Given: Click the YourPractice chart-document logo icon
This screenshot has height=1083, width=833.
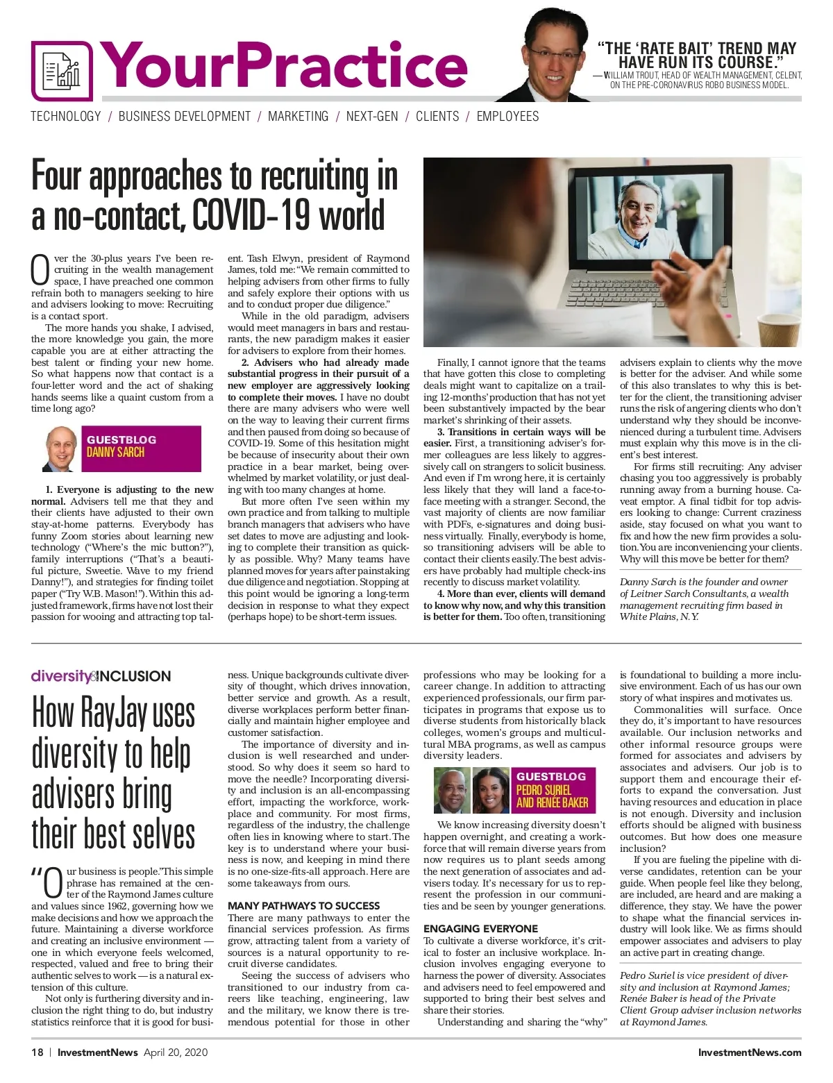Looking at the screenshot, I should (62, 70).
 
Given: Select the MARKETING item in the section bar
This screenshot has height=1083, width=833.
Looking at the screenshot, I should (298, 117).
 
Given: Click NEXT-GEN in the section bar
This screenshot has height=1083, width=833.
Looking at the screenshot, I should (372, 117).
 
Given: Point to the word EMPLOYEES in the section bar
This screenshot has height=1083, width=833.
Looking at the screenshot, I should (507, 117).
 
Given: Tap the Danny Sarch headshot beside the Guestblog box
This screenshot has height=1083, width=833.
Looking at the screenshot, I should (61, 449).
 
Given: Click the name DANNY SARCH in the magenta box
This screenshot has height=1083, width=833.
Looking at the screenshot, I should (115, 453).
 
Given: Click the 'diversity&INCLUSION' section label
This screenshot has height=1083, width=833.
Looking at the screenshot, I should (101, 676).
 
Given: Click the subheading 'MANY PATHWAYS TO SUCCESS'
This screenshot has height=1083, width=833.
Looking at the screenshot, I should (303, 906).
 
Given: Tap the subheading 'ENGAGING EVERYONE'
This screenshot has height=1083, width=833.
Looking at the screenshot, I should (480, 929).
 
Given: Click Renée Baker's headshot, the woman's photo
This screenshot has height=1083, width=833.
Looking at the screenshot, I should (491, 790).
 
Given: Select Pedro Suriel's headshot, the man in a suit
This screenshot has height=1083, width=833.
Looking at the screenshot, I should (452, 790).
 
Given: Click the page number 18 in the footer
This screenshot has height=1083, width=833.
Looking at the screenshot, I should (37, 1052).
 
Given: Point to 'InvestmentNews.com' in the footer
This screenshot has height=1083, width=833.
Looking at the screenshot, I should (749, 1052).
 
